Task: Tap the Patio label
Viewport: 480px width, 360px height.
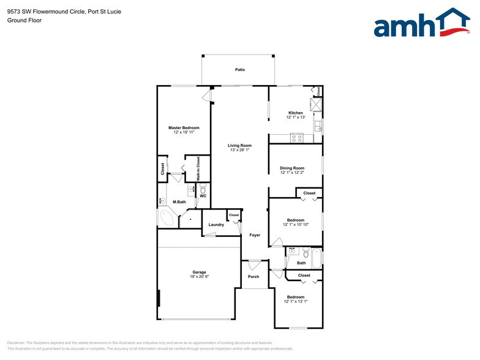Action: [x=240, y=70]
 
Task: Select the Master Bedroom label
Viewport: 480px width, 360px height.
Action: [x=184, y=127]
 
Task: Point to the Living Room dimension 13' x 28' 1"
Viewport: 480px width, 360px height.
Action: [x=239, y=150]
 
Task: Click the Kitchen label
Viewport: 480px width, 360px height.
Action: [x=296, y=113]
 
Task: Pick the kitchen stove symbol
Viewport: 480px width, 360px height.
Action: [x=298, y=138]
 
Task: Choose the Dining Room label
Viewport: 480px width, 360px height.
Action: [x=291, y=168]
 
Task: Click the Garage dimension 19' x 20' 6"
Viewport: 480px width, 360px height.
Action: [x=199, y=277]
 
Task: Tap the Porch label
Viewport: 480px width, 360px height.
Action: [x=253, y=277]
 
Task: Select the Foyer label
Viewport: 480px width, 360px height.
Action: [x=255, y=235]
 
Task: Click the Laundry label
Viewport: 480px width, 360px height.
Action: [x=216, y=225]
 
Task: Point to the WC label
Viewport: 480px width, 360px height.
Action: [x=203, y=196]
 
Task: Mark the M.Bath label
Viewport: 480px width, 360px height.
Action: [x=179, y=202]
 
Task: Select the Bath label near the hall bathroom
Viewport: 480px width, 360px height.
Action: [x=301, y=263]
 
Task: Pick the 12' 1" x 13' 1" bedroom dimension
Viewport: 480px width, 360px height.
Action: [x=296, y=302]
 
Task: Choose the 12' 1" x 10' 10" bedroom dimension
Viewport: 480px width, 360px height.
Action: [x=296, y=225]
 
